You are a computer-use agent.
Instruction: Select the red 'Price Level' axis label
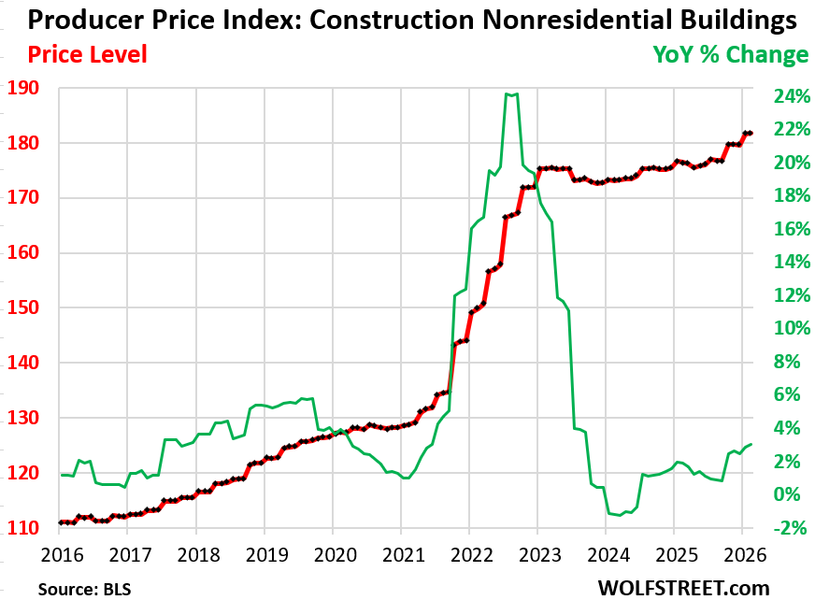(x=87, y=55)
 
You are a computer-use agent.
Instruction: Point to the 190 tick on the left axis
(x=30, y=89)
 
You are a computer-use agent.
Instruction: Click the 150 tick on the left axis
(x=30, y=308)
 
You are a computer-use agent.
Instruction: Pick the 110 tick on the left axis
(x=30, y=529)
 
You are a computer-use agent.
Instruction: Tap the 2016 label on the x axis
(x=59, y=553)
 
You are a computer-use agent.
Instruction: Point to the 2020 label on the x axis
(x=332, y=553)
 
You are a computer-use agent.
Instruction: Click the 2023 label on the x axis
(x=536, y=553)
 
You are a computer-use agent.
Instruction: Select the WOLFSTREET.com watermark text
(x=684, y=588)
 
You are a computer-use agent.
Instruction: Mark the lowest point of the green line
(x=619, y=515)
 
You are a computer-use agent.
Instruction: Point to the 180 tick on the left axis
(x=30, y=144)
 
